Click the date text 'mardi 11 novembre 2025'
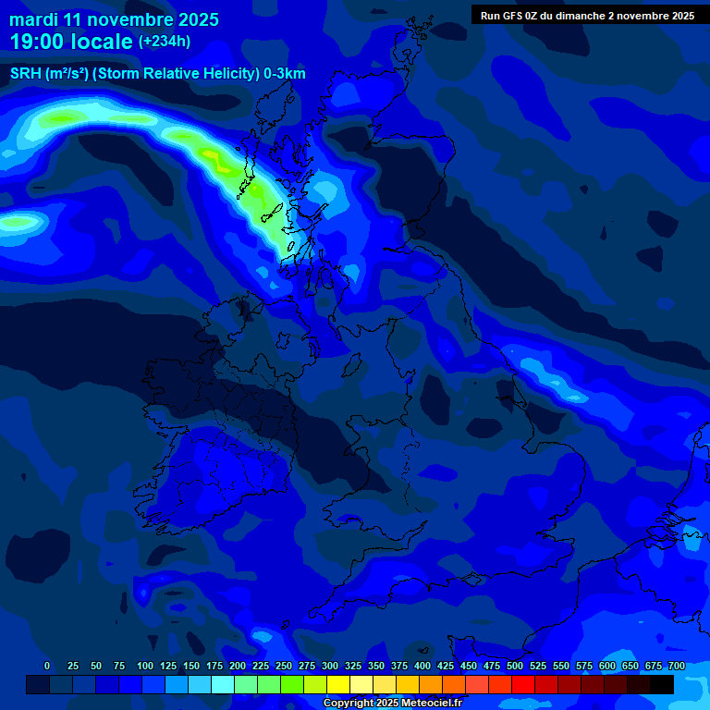pyautogui.click(x=114, y=19)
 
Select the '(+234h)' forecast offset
pyautogui.click(x=165, y=41)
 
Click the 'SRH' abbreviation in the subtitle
pyautogui.click(x=26, y=74)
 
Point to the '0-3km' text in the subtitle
pyautogui.click(x=284, y=74)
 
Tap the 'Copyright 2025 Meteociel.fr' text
pyautogui.click(x=392, y=704)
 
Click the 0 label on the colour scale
pyautogui.click(x=47, y=666)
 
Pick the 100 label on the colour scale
pyautogui.click(x=145, y=666)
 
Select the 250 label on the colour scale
pyautogui.click(x=284, y=666)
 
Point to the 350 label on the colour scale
pyautogui.click(x=376, y=666)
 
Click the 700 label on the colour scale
pyautogui.click(x=677, y=666)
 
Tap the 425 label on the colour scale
pyautogui.click(x=446, y=666)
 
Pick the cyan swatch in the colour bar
pyautogui.click(x=223, y=685)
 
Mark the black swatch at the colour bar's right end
pyautogui.click(x=662, y=685)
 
